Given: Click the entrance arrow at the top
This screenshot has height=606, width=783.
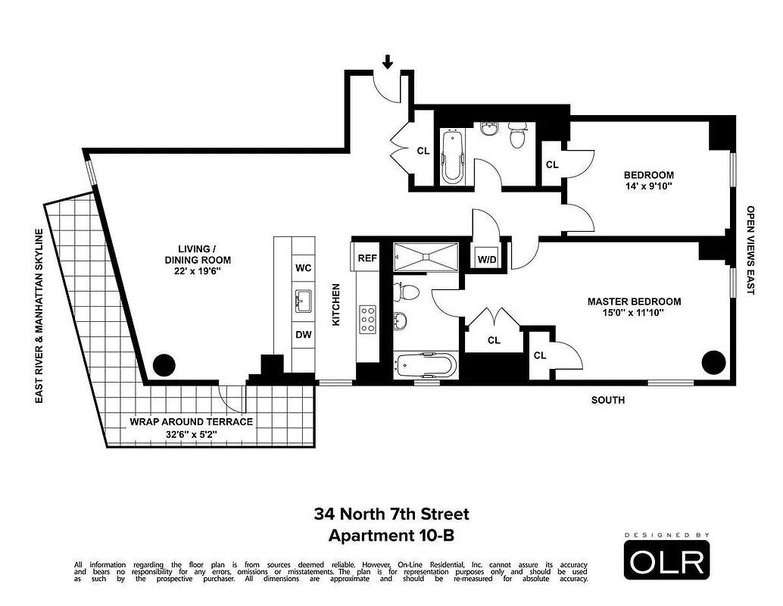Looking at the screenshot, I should tap(388, 61).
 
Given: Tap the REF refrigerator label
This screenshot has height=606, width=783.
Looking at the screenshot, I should tap(367, 258).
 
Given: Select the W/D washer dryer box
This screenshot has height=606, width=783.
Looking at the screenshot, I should tap(486, 260).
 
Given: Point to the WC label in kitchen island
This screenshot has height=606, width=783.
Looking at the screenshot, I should tap(302, 268).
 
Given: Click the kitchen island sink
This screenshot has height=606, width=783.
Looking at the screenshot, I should tap(302, 301).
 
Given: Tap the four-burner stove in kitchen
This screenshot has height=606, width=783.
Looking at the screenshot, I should tap(368, 320).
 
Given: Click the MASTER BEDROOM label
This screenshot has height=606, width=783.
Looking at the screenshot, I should tap(634, 301).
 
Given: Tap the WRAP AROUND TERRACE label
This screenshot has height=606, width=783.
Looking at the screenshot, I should tap(191, 422).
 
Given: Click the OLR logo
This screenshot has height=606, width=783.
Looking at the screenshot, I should tap(667, 561).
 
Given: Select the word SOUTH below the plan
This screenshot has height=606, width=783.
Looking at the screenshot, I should tap(608, 400).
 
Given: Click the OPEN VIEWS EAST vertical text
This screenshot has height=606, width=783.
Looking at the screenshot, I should tap(750, 250).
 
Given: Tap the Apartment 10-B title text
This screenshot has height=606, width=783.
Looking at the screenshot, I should tap(391, 536).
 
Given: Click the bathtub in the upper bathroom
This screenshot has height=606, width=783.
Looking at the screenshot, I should tap(452, 157).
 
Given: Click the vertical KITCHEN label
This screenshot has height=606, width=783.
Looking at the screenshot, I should tap(336, 305).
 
